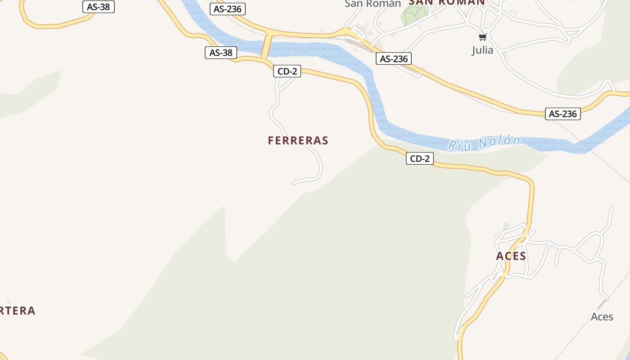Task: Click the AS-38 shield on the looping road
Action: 99,7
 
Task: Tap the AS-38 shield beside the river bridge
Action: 221,53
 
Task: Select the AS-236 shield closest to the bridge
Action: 228,9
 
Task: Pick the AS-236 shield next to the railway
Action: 394,59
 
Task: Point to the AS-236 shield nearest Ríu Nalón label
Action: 562,114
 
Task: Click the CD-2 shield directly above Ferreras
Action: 287,71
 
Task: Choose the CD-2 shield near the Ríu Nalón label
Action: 420,158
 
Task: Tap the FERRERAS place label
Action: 298,140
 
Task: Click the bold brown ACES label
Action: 511,256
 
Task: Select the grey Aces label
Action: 602,317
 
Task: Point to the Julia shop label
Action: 482,50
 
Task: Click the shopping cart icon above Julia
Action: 483,37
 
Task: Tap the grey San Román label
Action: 373,4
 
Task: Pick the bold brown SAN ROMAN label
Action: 446,2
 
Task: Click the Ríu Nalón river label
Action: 484,143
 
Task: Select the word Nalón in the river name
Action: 499,142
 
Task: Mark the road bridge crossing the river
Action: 266,46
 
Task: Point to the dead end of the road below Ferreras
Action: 293,183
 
